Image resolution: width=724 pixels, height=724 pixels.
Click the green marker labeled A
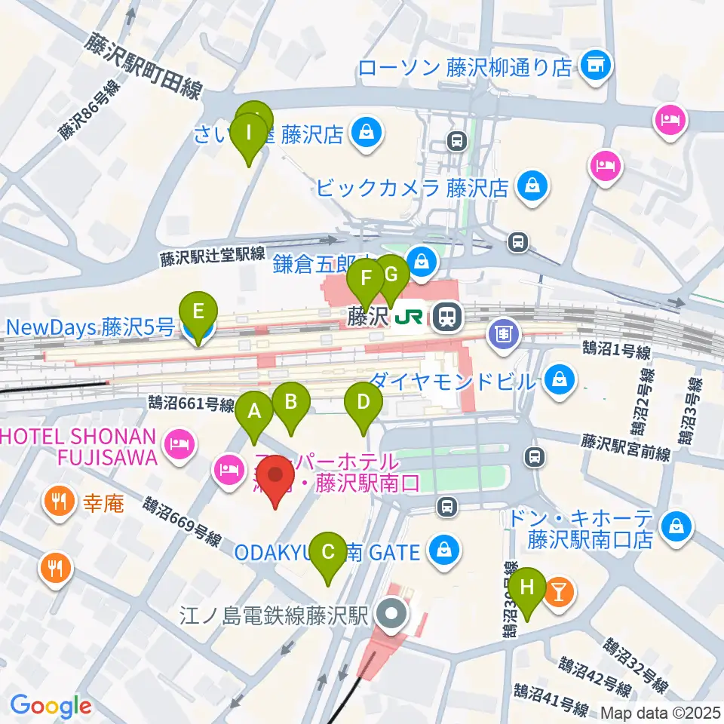point(255,413)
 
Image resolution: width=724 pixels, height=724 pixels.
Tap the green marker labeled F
point(367,280)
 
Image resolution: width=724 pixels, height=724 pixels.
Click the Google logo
point(51,706)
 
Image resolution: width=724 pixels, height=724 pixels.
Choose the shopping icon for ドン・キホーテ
point(676,527)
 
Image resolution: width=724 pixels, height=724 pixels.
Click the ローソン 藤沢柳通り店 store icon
point(597,66)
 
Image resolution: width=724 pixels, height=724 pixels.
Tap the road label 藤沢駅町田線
point(143,65)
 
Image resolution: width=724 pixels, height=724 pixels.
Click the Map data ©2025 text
point(661,712)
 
